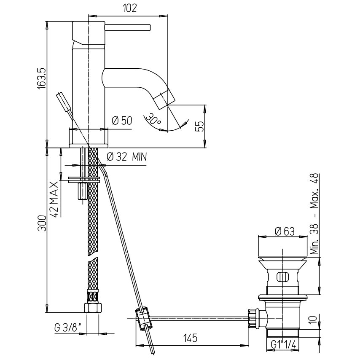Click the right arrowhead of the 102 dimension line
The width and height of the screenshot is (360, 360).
(164, 16)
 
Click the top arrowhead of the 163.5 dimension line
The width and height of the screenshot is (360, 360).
(47, 25)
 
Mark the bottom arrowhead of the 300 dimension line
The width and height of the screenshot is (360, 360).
(47, 308)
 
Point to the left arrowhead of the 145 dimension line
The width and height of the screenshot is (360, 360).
(140, 345)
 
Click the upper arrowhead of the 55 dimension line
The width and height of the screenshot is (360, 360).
(204, 109)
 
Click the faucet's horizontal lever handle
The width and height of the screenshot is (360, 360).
(127, 27)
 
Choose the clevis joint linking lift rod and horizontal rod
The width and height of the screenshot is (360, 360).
(143, 318)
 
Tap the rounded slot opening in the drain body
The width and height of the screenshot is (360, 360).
(282, 277)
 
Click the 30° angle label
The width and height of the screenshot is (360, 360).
(153, 119)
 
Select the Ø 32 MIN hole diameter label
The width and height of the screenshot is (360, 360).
(127, 157)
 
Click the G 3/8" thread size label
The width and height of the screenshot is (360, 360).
(68, 328)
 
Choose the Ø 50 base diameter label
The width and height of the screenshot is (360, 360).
(122, 121)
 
